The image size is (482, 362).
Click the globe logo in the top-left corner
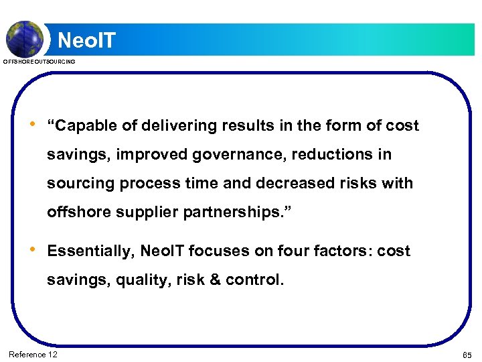pyautogui.click(x=25, y=38)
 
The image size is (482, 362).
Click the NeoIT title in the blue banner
pyautogui.click(x=86, y=40)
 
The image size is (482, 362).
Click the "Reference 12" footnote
pyautogui.click(x=33, y=354)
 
